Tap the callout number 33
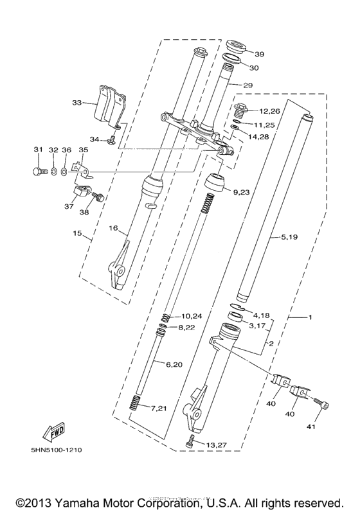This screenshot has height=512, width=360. click(x=77, y=102)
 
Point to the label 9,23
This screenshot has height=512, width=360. click(x=242, y=191)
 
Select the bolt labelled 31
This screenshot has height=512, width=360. click(x=38, y=171)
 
